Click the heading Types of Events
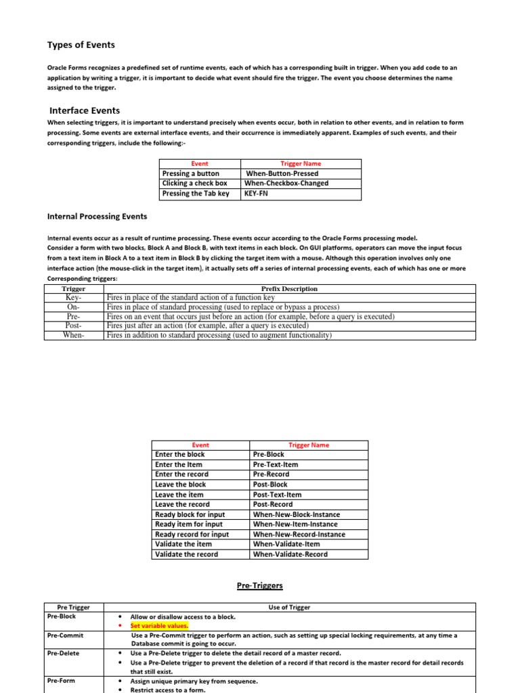[81, 45]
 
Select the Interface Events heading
[85, 110]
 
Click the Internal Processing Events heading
[97, 217]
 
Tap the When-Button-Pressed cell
[282, 174]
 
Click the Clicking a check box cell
[195, 183]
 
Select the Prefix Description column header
[289, 289]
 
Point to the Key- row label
[73, 298]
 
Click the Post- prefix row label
[73, 326]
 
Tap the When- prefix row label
[73, 335]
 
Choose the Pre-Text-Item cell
[275, 465]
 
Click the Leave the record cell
[182, 504]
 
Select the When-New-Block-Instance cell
[296, 514]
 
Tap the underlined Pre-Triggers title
[260, 585]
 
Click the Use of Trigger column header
[289, 607]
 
